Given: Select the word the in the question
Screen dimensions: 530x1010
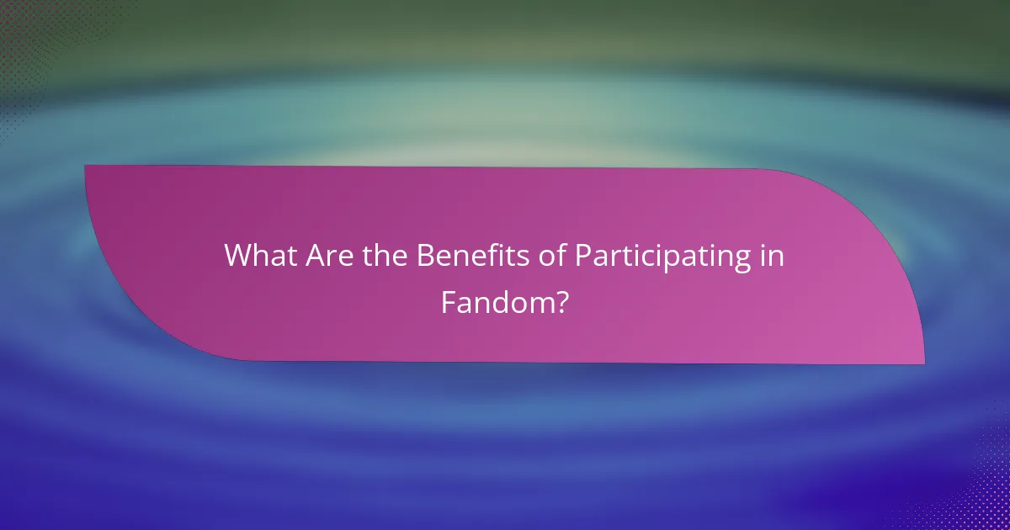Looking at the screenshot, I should (x=384, y=257).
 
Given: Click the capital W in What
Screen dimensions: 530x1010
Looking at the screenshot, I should (x=238, y=257).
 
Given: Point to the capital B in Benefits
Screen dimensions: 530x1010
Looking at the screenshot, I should (x=426, y=257).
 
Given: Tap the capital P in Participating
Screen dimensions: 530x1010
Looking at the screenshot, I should (x=583, y=257).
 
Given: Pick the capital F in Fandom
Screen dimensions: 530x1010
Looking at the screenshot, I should (x=448, y=302).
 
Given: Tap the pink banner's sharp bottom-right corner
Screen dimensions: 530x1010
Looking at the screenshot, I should (x=923, y=363).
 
